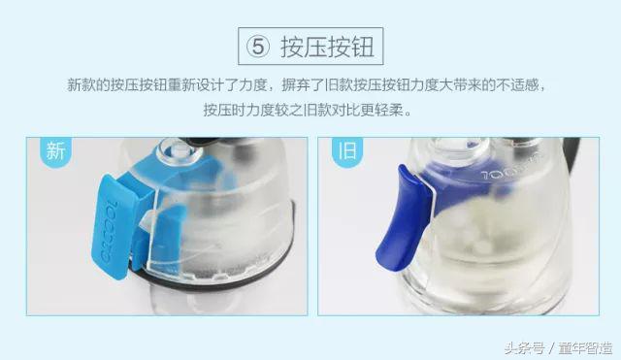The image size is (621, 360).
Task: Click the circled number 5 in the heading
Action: [255, 46]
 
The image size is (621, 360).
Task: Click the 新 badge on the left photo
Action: [55, 151]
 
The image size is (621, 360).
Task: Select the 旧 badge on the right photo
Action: [344, 152]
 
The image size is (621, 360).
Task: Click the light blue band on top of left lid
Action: [194, 165]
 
